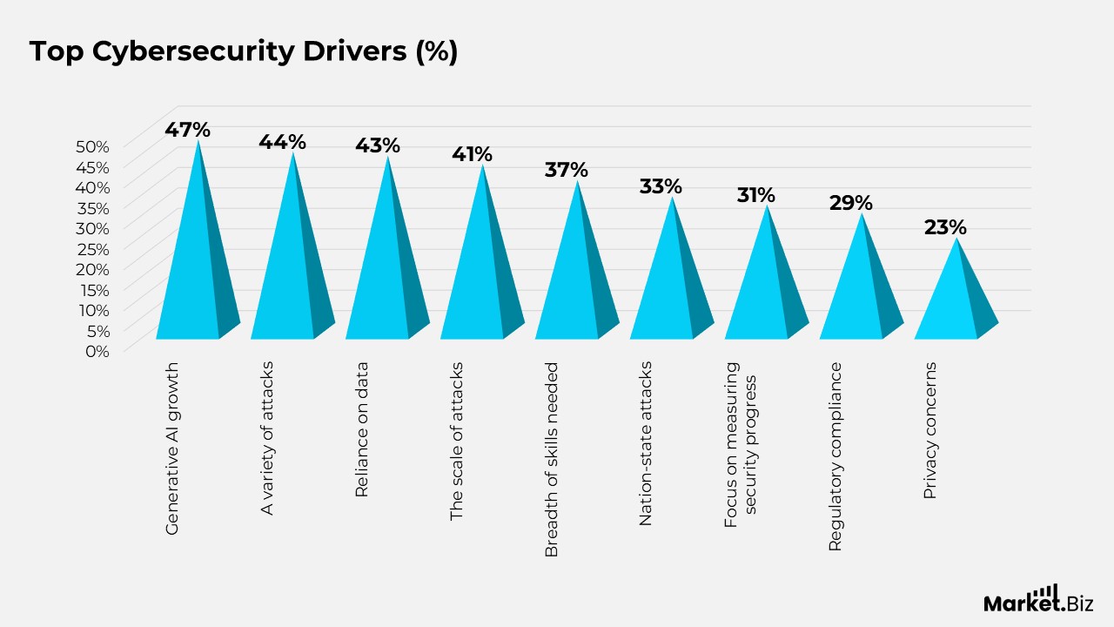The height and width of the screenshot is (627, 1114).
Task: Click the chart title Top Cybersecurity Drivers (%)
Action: tap(244, 51)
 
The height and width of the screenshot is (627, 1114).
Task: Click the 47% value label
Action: tap(188, 130)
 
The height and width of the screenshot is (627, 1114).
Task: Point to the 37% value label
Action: tap(567, 170)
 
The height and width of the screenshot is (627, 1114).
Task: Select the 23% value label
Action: tap(945, 227)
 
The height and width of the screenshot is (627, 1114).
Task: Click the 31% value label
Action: tap(755, 195)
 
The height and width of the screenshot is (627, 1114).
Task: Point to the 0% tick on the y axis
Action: tap(96, 351)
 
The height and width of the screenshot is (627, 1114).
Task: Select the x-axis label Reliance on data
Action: tap(362, 429)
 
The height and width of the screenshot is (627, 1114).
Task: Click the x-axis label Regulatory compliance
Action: tap(835, 456)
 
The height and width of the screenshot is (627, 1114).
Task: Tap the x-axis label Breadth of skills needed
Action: tap(551, 460)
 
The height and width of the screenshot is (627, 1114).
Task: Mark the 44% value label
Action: tap(282, 141)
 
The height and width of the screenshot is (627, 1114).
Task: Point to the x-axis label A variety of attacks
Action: tap(267, 437)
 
